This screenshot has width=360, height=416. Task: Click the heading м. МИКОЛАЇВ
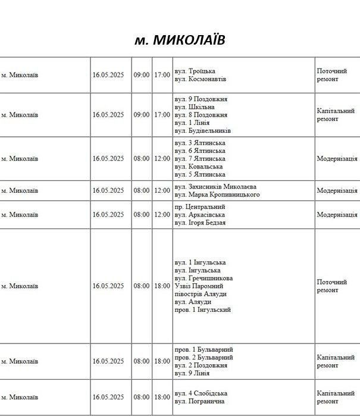(180, 40)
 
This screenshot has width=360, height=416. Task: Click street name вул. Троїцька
(195, 71)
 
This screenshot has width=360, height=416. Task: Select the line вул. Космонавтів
(201, 79)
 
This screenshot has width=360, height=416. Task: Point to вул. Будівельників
(203, 130)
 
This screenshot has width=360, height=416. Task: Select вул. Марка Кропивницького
(217, 195)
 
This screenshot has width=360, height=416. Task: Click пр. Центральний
(200, 207)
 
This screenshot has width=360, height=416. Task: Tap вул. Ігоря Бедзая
(200, 223)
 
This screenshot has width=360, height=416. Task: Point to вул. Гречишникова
(204, 278)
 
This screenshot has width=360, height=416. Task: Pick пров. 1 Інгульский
(202, 309)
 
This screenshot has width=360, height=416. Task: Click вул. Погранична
(199, 401)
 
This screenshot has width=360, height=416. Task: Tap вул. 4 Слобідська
(201, 393)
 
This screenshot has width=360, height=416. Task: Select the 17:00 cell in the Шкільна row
(162, 115)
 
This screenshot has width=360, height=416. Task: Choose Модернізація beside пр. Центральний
(337, 215)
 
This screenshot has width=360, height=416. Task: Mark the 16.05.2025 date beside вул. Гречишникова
(108, 286)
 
